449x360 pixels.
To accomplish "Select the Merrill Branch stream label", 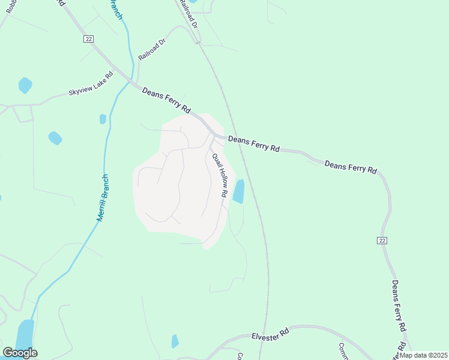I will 103,198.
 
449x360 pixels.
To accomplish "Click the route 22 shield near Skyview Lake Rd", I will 88,38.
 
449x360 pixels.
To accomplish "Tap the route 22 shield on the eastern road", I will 382,240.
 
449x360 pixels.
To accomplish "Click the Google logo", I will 20,353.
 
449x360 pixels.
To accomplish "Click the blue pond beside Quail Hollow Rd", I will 239,191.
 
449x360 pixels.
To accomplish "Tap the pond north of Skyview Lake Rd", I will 25,85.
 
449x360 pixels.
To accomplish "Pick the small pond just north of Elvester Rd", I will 175,341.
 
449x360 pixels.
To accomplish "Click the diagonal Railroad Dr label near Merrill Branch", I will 151,50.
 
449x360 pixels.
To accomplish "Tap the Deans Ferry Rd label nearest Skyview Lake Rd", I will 166,101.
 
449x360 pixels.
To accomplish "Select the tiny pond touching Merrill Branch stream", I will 103,119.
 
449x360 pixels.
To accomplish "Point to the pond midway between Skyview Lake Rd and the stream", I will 55,138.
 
